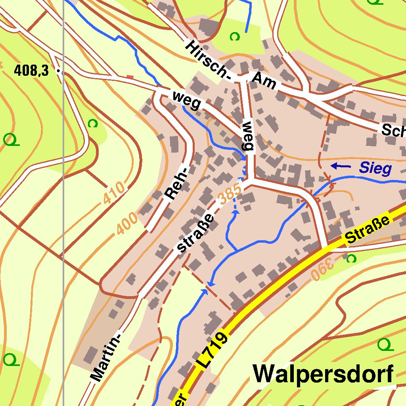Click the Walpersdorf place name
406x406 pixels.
324,374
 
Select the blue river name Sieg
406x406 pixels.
375,169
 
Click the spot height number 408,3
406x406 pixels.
31,71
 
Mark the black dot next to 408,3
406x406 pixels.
59,72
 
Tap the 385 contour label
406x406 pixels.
230,194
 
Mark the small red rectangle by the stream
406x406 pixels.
130,77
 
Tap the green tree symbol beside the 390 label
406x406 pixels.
351,259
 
